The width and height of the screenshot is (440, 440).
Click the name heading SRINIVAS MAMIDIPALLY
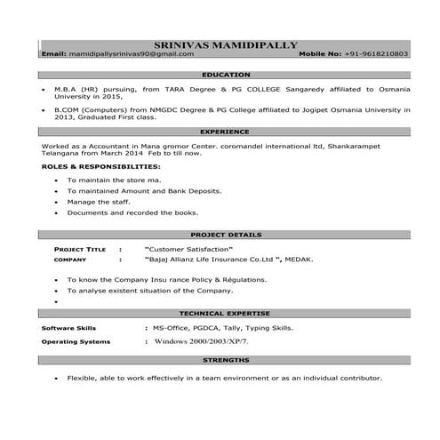[x=226, y=43]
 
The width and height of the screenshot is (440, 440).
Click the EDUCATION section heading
[x=226, y=75]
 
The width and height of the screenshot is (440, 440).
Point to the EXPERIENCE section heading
[x=226, y=131]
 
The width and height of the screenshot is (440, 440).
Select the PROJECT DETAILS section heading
[x=226, y=235]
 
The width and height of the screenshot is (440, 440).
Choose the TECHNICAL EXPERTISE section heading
[x=226, y=314]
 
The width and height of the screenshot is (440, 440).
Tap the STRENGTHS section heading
[x=226, y=362]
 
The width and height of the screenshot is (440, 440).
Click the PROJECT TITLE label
[x=80, y=250]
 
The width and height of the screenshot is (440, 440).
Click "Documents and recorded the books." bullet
[x=132, y=213]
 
